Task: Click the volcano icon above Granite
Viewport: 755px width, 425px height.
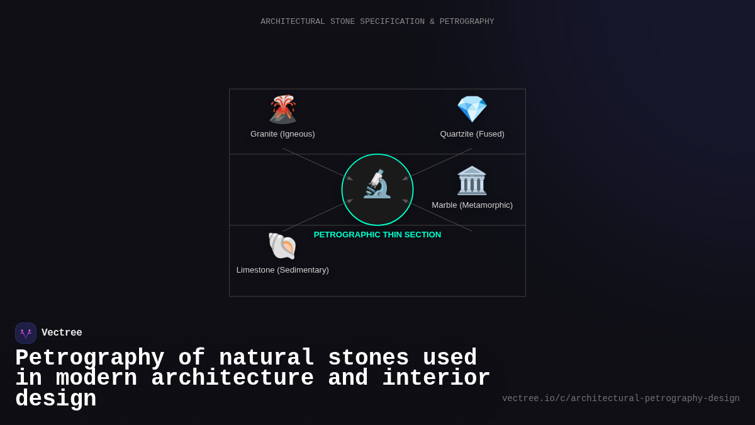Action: click(282, 110)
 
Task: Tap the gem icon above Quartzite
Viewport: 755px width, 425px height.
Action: click(472, 110)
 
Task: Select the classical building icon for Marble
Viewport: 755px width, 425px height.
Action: click(472, 181)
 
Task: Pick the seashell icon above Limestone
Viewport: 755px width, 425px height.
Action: click(282, 246)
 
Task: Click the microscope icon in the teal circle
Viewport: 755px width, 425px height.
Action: click(377, 184)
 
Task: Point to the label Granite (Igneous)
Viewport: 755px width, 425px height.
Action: click(282, 134)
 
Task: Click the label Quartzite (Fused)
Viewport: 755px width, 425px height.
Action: click(472, 134)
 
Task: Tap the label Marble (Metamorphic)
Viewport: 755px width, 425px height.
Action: click(472, 205)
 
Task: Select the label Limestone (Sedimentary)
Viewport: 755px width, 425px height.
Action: click(282, 270)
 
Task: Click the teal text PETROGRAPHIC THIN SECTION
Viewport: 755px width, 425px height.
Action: click(377, 235)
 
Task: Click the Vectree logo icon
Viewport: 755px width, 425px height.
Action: click(26, 333)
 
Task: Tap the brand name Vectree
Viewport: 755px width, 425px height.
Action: click(62, 333)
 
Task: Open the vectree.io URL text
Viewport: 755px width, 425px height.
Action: click(620, 399)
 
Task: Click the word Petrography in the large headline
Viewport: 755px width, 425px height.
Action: click(89, 358)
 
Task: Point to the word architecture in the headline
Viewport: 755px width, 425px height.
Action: click(232, 378)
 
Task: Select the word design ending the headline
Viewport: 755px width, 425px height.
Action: click(55, 399)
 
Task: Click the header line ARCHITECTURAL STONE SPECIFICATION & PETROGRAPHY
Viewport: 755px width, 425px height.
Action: click(377, 22)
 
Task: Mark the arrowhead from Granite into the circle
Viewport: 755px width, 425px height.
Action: click(350, 178)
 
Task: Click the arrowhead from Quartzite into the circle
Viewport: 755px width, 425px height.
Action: click(405, 178)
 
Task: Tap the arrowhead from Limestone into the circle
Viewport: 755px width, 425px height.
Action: click(350, 201)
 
